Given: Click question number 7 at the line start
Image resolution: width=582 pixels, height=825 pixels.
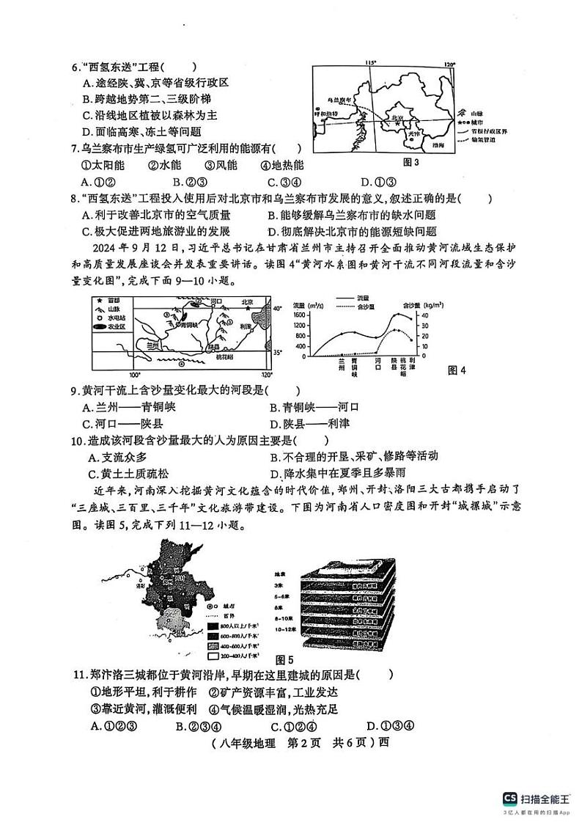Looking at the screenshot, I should pyautogui.click(x=75, y=149).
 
